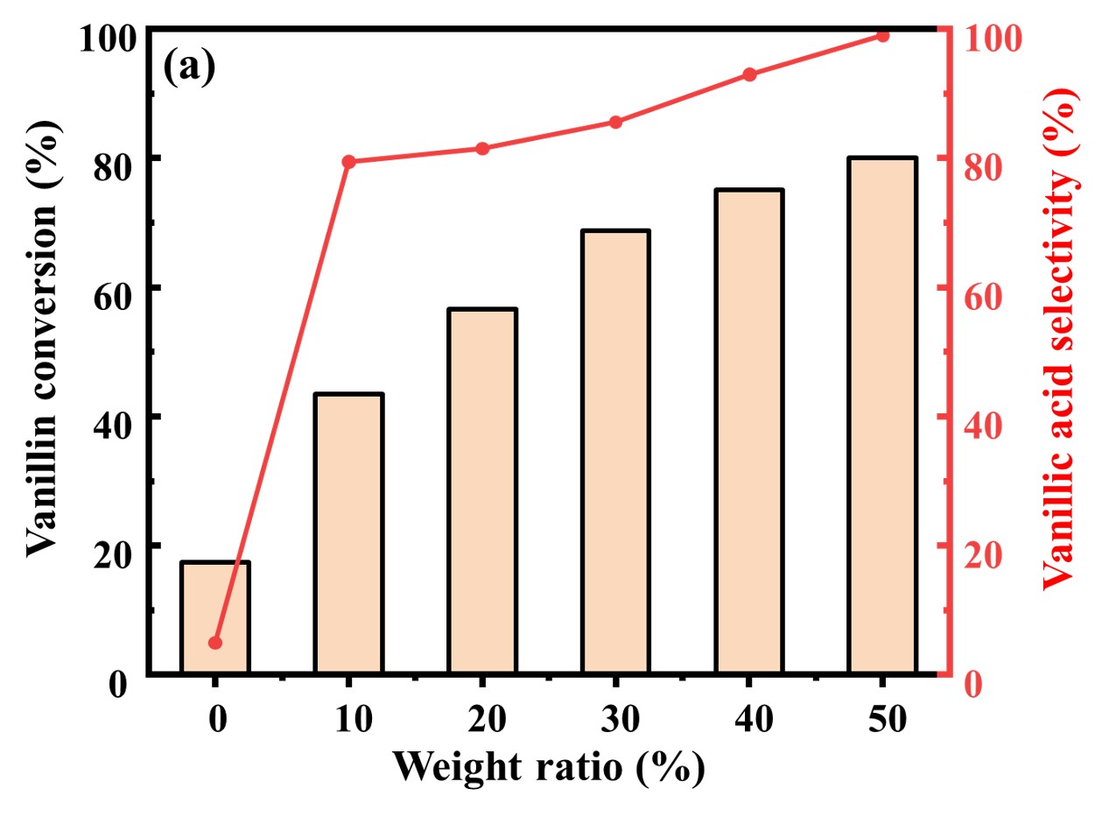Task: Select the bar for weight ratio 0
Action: [215, 617]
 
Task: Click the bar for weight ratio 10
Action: [349, 533]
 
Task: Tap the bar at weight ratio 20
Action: [482, 491]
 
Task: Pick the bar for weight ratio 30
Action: [615, 452]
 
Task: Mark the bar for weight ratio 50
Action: [882, 416]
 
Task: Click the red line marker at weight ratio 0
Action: [215, 643]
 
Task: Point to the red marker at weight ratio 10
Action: [348, 162]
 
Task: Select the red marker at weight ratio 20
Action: [482, 149]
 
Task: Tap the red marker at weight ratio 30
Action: [615, 122]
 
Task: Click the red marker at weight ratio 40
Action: [749, 74]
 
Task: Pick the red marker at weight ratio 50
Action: [882, 36]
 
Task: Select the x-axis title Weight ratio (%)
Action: [548, 767]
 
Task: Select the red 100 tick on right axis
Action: [990, 38]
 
